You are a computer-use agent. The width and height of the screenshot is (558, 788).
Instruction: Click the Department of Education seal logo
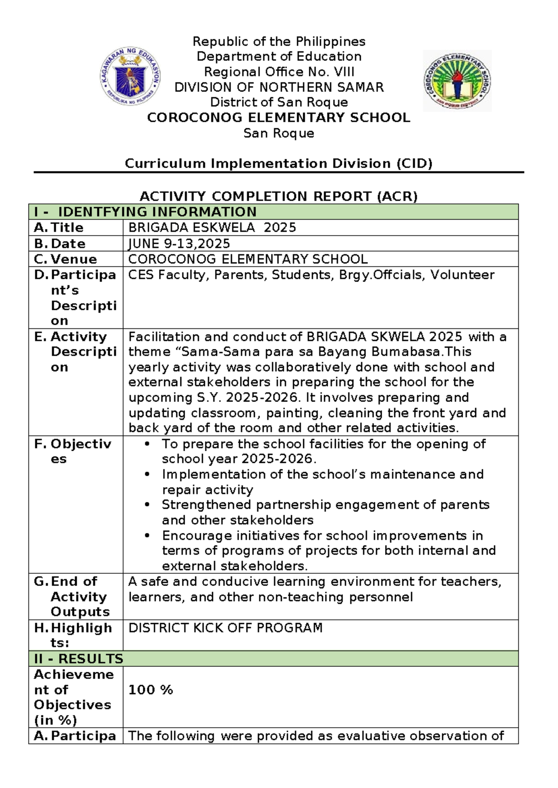click(x=131, y=76)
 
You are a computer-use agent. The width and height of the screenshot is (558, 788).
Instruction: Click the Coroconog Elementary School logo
click(x=457, y=81)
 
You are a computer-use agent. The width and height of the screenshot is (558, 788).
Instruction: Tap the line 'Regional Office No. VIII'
click(x=279, y=72)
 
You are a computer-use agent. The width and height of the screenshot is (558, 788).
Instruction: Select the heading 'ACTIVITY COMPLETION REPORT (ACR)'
click(x=279, y=196)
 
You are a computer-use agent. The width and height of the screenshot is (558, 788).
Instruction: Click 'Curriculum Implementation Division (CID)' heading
click(x=279, y=164)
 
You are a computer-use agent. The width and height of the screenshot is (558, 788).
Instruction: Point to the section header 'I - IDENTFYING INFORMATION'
click(x=145, y=212)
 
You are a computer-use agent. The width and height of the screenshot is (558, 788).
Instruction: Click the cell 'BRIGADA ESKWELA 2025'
click(x=212, y=228)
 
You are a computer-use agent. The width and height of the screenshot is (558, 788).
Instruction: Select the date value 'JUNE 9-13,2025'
click(x=179, y=243)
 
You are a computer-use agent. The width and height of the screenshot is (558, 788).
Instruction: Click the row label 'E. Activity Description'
click(x=74, y=352)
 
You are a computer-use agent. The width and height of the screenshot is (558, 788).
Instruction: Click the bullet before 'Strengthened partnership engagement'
click(x=147, y=505)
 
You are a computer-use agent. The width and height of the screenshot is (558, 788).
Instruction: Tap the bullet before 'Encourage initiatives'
click(x=147, y=536)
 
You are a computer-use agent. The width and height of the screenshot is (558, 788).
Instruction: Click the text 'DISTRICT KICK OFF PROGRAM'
click(x=225, y=628)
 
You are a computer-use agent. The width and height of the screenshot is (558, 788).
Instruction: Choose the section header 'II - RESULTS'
click(x=78, y=659)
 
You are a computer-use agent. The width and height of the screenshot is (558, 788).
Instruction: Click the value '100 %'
click(x=150, y=689)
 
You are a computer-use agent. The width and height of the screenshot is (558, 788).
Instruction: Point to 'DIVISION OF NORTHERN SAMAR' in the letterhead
click(x=279, y=87)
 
